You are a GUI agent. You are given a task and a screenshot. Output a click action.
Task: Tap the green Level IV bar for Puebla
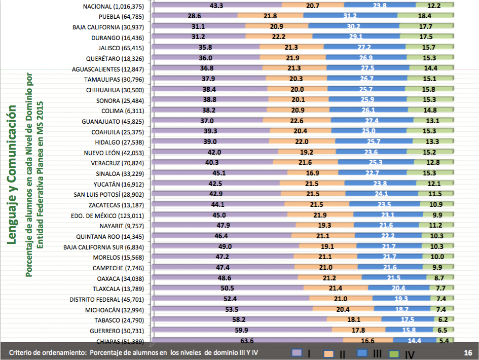425,16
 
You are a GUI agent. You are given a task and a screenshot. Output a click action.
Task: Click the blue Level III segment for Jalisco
365,48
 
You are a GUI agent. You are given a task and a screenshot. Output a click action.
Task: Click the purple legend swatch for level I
297,352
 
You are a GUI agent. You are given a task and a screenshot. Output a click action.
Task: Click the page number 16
468,352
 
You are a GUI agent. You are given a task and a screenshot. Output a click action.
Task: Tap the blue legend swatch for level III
361,352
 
